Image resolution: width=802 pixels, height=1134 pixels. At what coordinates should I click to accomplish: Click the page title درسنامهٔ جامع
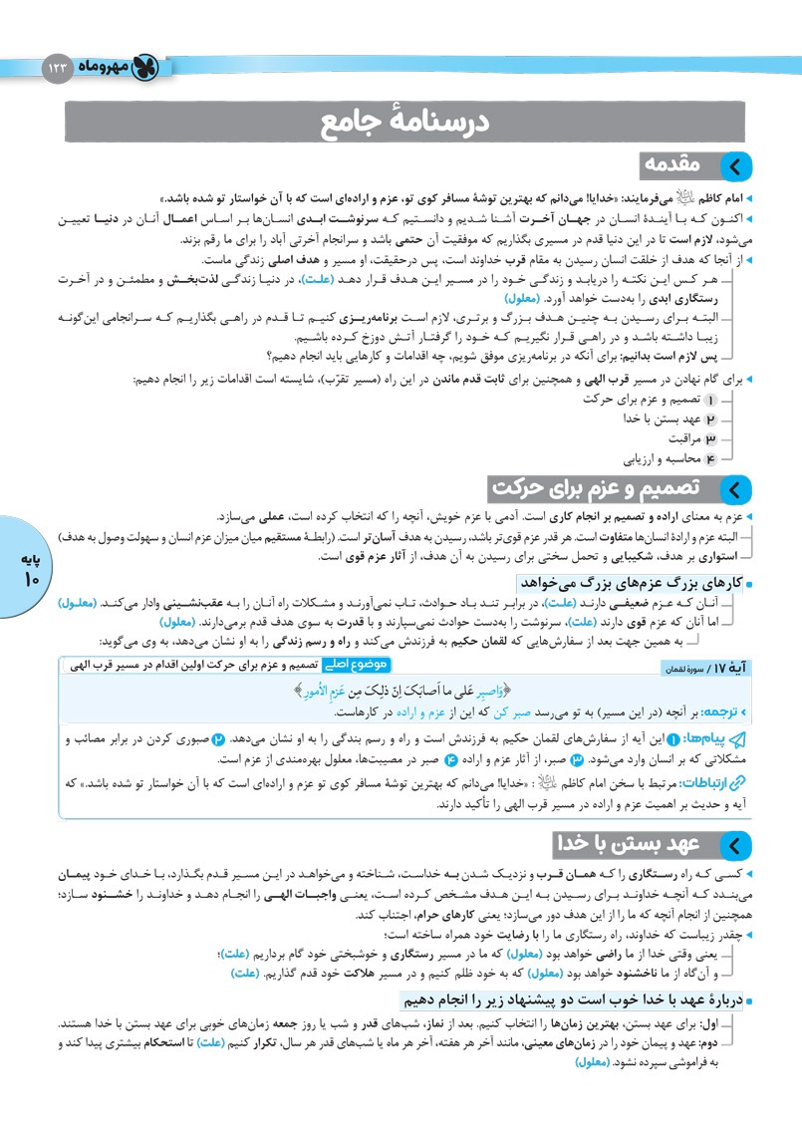coord(400,125)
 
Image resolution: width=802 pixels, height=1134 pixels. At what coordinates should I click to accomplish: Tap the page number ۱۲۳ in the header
coord(58,69)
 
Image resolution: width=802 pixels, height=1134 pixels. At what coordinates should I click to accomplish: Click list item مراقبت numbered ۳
coord(691,438)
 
